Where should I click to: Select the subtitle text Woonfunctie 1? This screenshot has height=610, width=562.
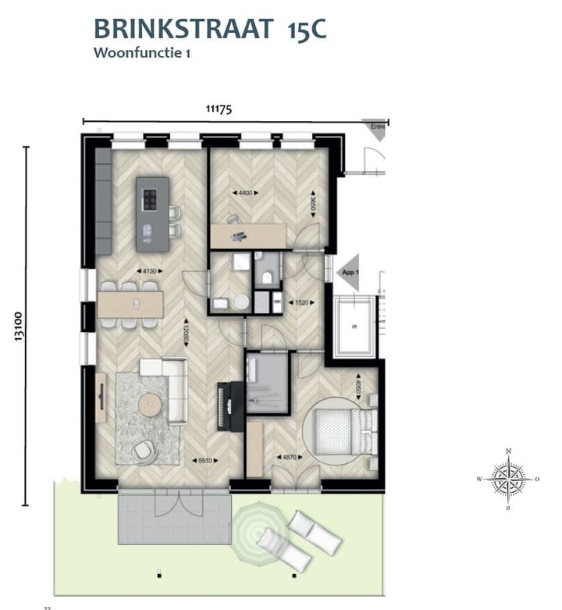tap(142, 53)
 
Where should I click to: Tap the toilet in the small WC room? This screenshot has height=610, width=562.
tap(267, 275)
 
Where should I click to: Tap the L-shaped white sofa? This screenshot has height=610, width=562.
tap(171, 383)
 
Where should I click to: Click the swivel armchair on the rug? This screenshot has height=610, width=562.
tap(142, 451)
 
